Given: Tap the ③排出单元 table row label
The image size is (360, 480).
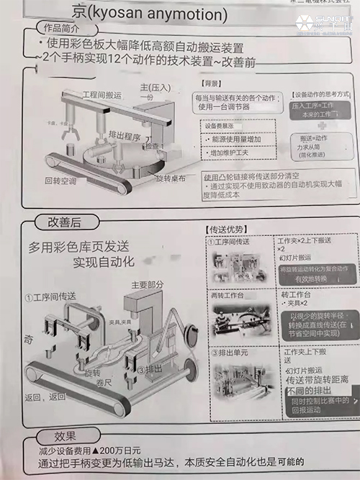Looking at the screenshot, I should pos(231,353).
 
